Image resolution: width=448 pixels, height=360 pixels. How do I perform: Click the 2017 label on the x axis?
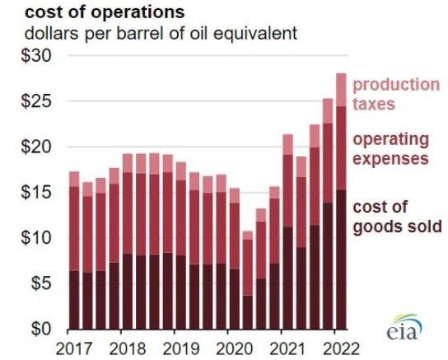point(74,346)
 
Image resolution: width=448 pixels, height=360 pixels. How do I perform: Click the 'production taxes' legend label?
point(396,94)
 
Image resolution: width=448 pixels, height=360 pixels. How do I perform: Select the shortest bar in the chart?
point(247,279)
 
